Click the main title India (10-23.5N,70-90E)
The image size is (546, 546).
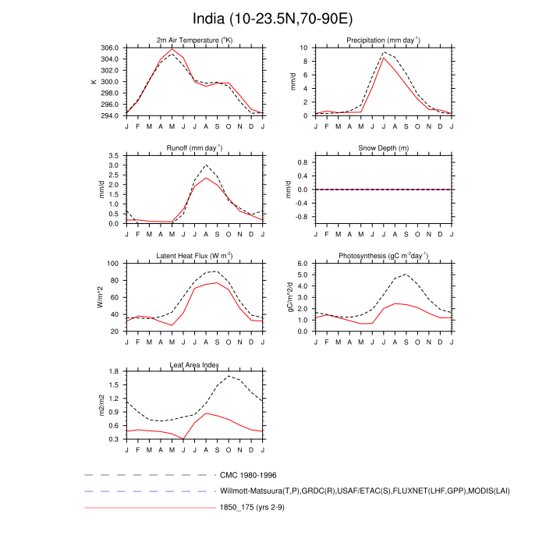[x=272, y=18]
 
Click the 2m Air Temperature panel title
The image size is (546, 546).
[x=194, y=40]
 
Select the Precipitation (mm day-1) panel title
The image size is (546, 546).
[x=383, y=40]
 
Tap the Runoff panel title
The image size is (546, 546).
[x=194, y=147]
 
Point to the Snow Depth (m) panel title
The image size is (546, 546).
[x=383, y=148]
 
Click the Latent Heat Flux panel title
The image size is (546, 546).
[x=194, y=256]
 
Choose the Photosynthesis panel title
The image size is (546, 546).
[x=383, y=256]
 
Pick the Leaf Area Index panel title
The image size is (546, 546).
[x=194, y=364]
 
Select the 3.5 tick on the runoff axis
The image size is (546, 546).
[x=114, y=156]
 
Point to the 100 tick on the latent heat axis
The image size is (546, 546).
[x=112, y=264]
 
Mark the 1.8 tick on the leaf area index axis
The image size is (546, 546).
[x=114, y=371]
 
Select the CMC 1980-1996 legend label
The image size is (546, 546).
[x=249, y=474]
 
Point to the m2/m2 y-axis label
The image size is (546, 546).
[x=101, y=405]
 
